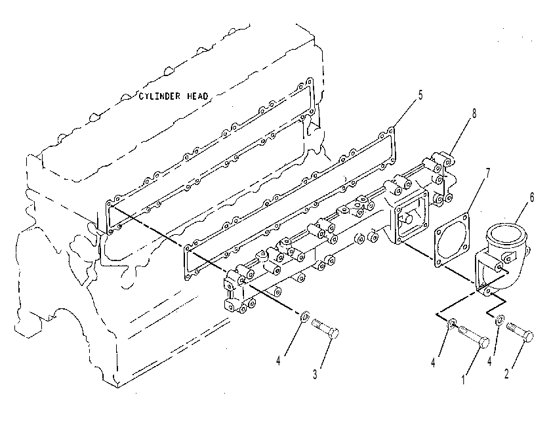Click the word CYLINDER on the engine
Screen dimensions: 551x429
(x=160, y=96)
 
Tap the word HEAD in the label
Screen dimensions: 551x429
(x=197, y=96)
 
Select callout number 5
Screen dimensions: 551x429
(x=420, y=95)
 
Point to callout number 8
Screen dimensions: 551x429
(x=474, y=113)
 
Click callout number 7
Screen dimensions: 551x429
(x=488, y=174)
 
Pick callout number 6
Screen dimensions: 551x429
(x=532, y=197)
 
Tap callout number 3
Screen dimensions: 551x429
(x=315, y=375)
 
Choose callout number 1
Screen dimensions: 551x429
(x=463, y=380)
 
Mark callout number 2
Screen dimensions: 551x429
(x=506, y=374)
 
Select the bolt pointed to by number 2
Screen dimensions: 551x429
(x=520, y=332)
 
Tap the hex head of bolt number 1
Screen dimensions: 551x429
(x=484, y=342)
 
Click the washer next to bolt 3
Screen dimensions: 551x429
(x=304, y=316)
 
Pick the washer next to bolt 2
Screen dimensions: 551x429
(x=499, y=320)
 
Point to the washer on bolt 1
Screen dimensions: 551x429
(x=451, y=324)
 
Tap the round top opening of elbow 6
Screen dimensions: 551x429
(x=505, y=234)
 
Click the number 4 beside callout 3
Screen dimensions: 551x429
(x=278, y=361)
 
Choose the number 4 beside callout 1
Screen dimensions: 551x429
(x=434, y=363)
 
